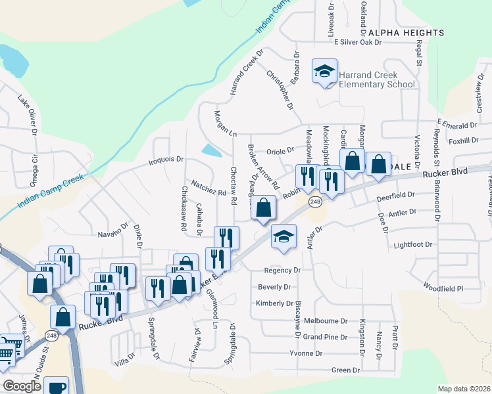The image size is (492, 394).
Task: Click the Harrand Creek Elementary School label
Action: (x=377, y=80)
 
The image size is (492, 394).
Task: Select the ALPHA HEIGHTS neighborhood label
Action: (x=406, y=32)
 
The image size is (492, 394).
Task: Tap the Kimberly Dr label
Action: (x=274, y=303)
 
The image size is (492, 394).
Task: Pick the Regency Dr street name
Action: (x=282, y=270)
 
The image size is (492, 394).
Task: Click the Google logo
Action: (x=22, y=385)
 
